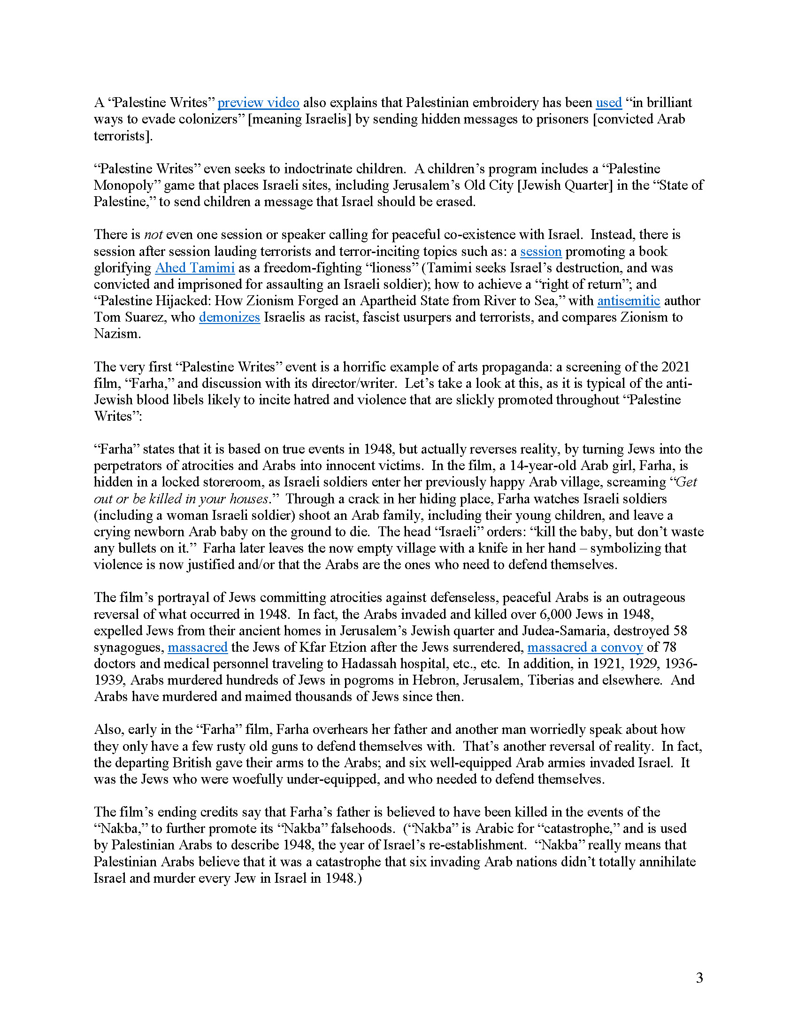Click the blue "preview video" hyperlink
258,103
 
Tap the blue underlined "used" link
608,103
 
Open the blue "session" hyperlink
541,251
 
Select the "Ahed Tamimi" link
195,268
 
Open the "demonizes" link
229,317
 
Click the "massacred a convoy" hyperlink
585,647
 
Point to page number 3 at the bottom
699,978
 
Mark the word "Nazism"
117,334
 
